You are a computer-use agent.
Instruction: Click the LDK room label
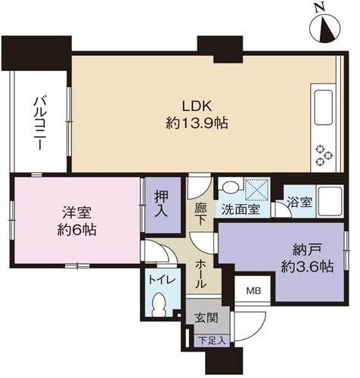click(x=197, y=107)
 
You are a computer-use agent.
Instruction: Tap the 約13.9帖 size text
click(x=197, y=124)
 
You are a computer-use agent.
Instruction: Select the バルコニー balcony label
click(x=39, y=122)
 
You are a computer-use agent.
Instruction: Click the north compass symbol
click(x=325, y=27)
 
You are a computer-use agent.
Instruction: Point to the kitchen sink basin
click(x=323, y=107)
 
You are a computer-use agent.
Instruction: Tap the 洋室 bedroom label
click(x=77, y=213)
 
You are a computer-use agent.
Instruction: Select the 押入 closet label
click(x=161, y=204)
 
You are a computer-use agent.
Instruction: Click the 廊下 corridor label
click(x=200, y=214)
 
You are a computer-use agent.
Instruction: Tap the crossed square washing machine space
click(x=257, y=189)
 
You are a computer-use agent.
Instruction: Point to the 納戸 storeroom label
click(x=307, y=250)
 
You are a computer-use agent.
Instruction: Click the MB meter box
click(x=253, y=291)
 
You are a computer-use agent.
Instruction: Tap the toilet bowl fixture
click(x=160, y=305)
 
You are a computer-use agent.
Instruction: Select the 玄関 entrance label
click(x=206, y=319)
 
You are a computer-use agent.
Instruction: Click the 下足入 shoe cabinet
click(x=212, y=341)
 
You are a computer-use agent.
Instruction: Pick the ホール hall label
click(x=201, y=274)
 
